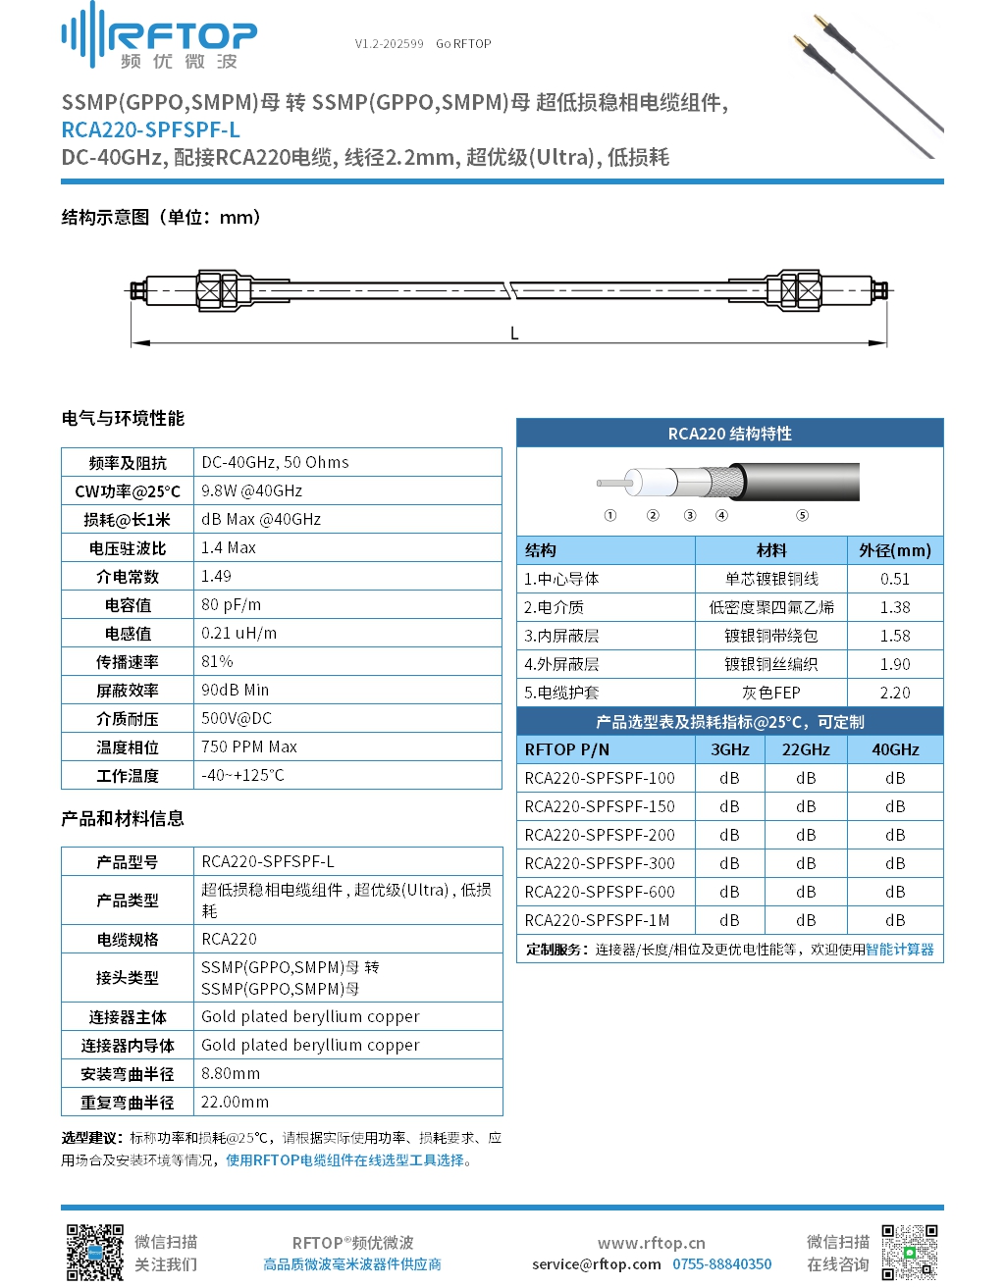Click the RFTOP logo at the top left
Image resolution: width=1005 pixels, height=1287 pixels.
pyautogui.click(x=159, y=37)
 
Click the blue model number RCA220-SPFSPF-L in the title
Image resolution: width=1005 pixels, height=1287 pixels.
pyautogui.click(x=150, y=129)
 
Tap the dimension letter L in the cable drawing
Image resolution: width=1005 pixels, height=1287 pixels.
pyautogui.click(x=514, y=334)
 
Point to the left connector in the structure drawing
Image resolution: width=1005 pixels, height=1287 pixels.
pyautogui.click(x=218, y=290)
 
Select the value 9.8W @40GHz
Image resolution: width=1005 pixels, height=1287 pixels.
pyautogui.click(x=251, y=490)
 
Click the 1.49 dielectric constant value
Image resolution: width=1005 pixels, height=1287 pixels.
pyautogui.click(x=216, y=576)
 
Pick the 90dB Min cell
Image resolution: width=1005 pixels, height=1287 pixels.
pyautogui.click(x=235, y=690)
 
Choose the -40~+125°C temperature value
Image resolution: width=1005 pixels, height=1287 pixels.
pyautogui.click(x=242, y=775)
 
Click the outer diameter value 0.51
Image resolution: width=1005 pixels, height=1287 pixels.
pyautogui.click(x=894, y=579)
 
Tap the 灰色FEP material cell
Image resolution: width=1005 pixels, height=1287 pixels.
pyautogui.click(x=770, y=693)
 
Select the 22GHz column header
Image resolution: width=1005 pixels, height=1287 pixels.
pyautogui.click(x=805, y=749)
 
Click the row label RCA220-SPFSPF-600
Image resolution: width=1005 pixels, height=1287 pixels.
pyautogui.click(x=600, y=892)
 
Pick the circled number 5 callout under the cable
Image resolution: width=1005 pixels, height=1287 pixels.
pyautogui.click(x=802, y=515)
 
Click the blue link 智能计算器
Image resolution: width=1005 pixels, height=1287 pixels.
pyautogui.click(x=899, y=949)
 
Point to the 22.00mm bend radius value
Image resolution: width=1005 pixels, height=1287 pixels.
pyautogui.click(x=235, y=1102)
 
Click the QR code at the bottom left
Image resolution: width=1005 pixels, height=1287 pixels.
pyautogui.click(x=94, y=1252)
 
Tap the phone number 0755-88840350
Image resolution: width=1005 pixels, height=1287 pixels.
pyautogui.click(x=721, y=1264)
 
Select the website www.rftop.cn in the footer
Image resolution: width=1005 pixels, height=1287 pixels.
pyautogui.click(x=651, y=1243)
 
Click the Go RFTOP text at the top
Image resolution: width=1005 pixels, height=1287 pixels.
pyautogui.click(x=463, y=44)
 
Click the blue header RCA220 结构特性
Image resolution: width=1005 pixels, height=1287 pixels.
pyautogui.click(x=729, y=434)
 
